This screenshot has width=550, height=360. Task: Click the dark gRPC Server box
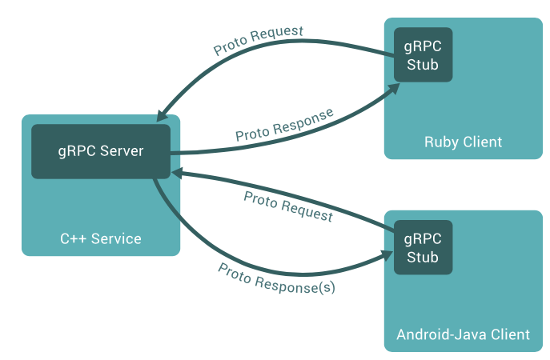click(x=100, y=151)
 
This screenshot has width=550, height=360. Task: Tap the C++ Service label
click(x=101, y=238)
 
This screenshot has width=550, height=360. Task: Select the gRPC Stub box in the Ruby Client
click(x=422, y=54)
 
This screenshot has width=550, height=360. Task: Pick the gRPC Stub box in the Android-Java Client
click(x=422, y=247)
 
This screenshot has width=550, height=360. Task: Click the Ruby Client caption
click(x=463, y=142)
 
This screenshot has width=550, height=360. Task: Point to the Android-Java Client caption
click(x=463, y=334)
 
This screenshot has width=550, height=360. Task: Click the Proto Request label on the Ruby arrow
click(x=258, y=41)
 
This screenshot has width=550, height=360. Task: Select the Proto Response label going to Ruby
click(x=284, y=125)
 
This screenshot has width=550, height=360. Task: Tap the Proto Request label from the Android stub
click(x=288, y=206)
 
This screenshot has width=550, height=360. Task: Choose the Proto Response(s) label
click(x=276, y=278)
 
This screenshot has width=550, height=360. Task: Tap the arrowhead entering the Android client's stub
click(x=387, y=255)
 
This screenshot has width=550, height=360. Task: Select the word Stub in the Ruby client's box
click(x=422, y=65)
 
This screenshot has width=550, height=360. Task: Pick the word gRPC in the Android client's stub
click(x=422, y=238)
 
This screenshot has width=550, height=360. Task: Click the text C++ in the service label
click(x=72, y=238)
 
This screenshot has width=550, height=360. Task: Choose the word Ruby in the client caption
click(x=440, y=142)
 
